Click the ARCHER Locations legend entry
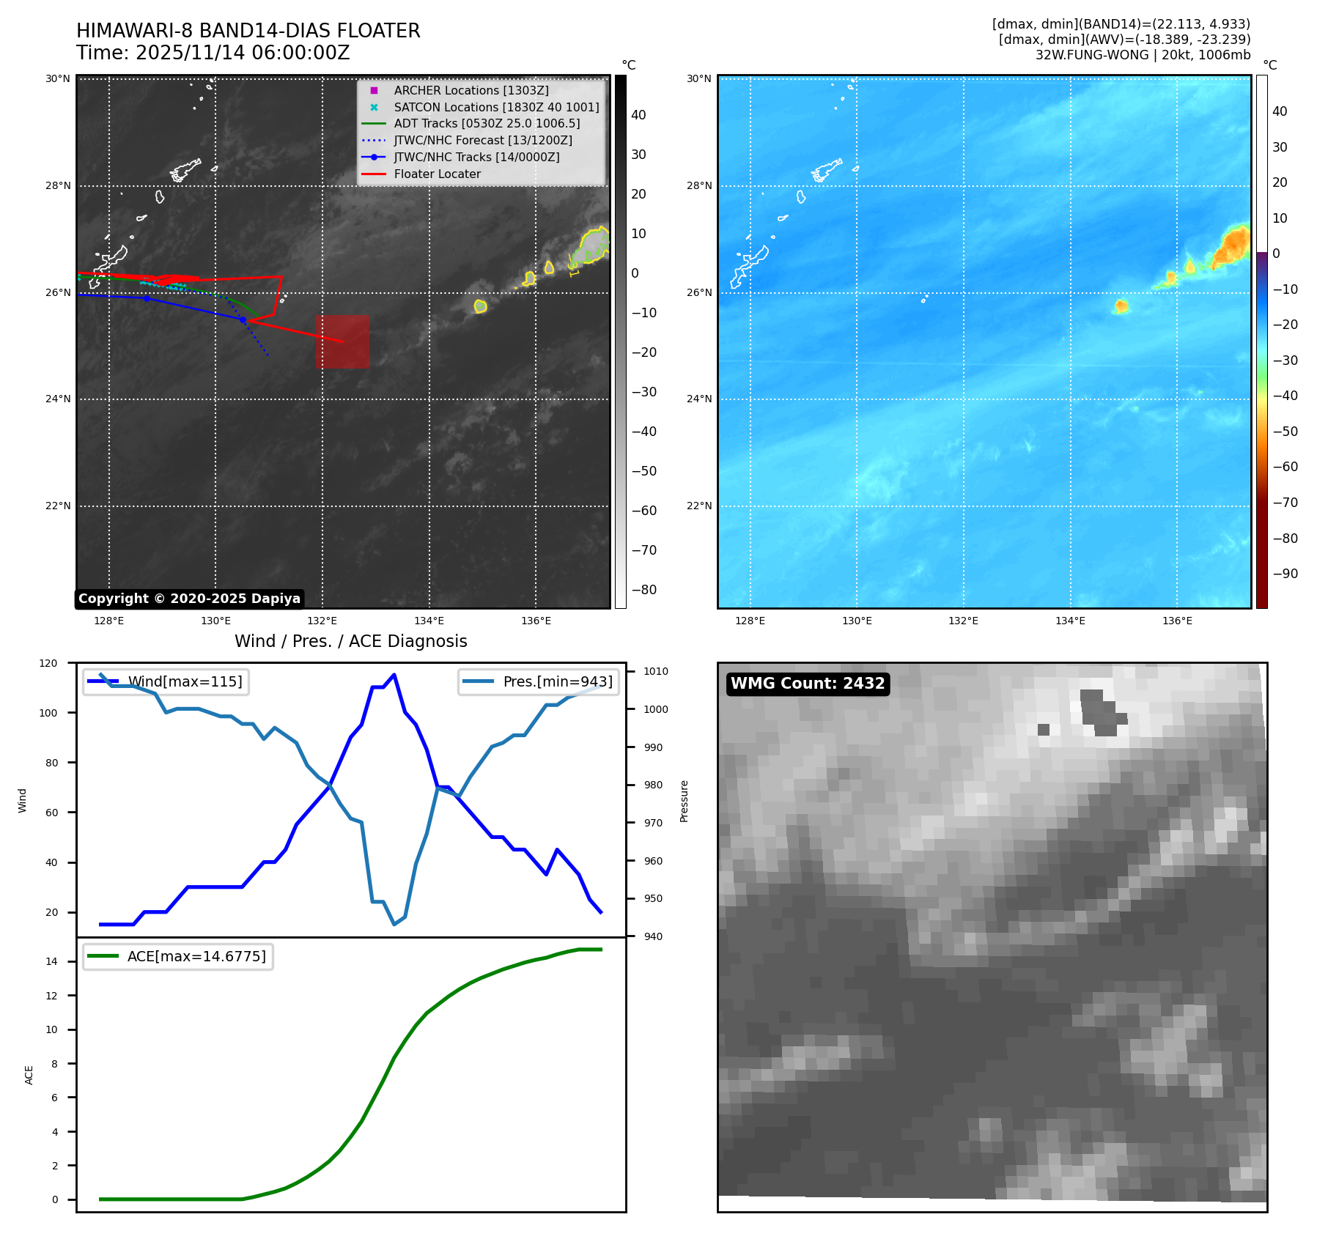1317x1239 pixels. [471, 90]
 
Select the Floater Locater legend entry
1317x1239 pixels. [437, 174]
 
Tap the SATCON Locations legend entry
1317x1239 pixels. [496, 107]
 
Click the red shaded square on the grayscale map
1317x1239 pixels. [342, 341]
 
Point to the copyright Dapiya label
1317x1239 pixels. [189, 599]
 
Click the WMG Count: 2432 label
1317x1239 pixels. [808, 684]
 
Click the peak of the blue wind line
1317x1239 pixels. [394, 675]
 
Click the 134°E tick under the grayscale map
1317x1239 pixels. [429, 621]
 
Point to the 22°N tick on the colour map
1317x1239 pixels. [699, 506]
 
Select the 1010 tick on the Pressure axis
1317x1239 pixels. [655, 671]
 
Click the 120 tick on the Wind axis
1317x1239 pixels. [48, 663]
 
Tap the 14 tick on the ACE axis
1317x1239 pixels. [51, 961]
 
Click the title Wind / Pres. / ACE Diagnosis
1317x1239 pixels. [350, 641]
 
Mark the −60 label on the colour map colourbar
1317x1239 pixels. [1285, 467]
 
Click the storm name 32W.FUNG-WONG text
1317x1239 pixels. [1143, 55]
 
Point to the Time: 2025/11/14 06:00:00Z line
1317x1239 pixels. [213, 53]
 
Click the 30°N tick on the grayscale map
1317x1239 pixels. [58, 78]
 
